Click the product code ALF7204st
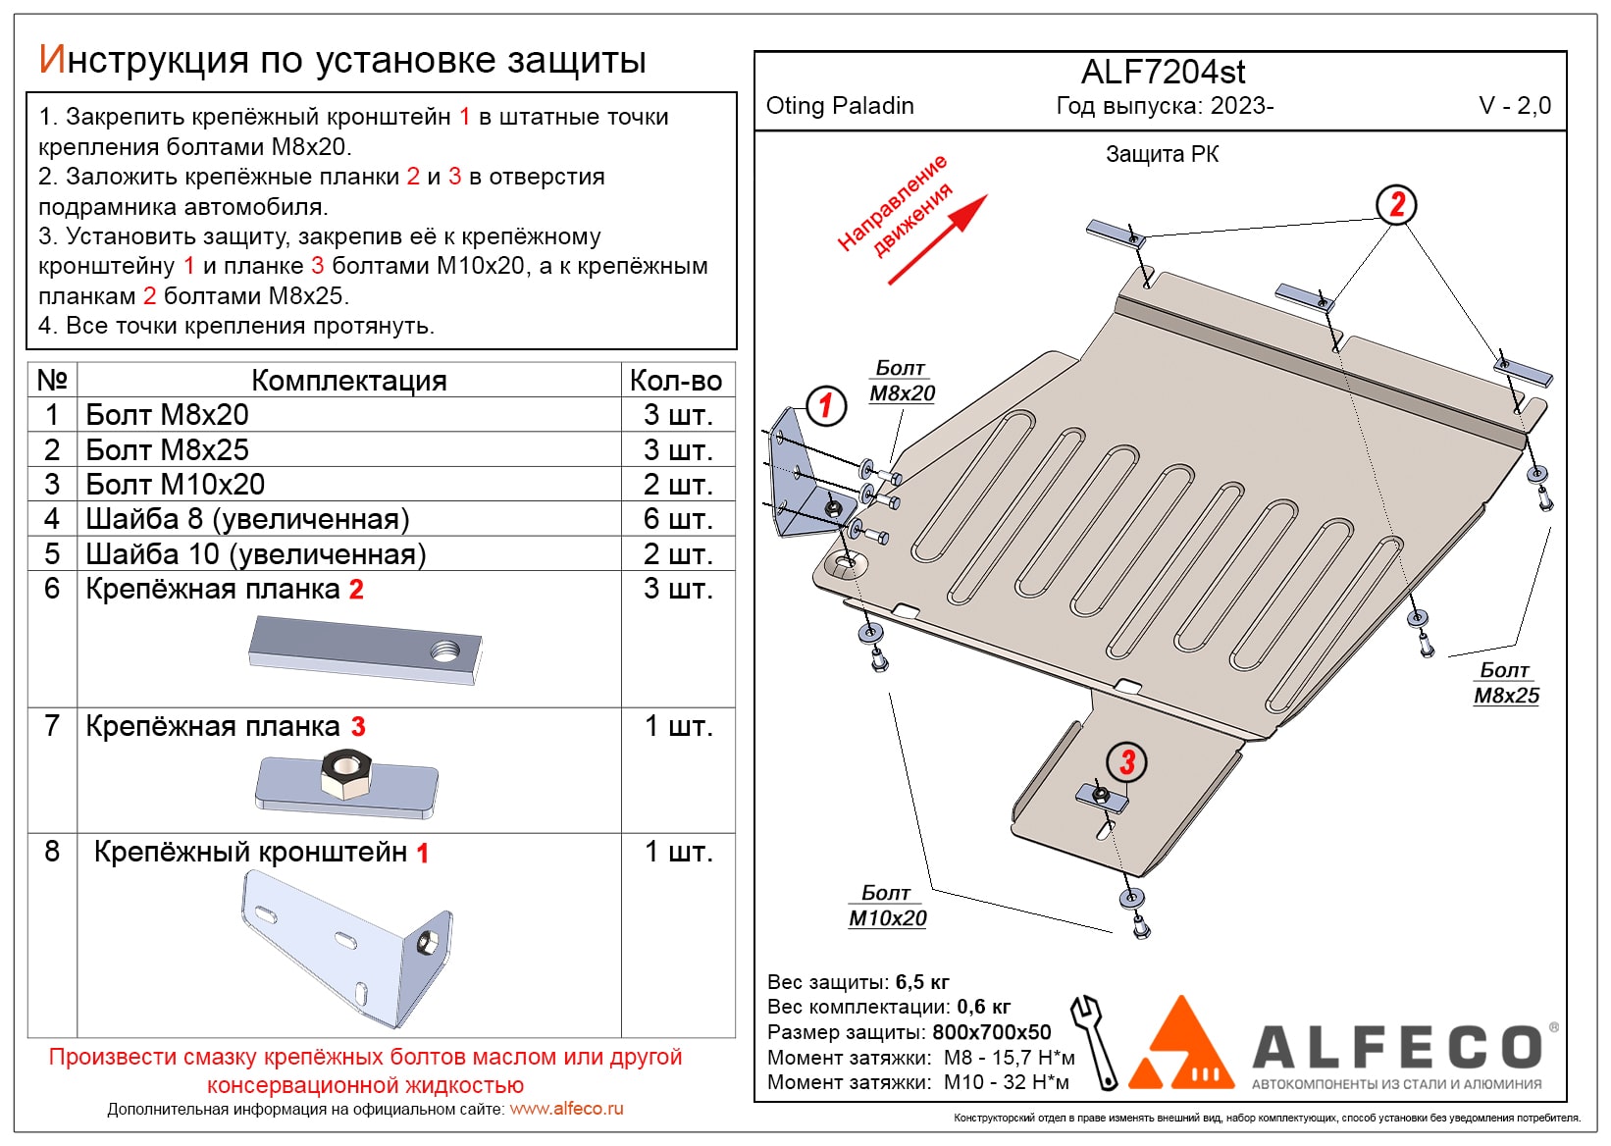coord(1163,72)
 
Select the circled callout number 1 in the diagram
coord(825,403)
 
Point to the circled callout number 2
coord(1396,204)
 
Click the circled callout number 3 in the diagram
coord(1126,761)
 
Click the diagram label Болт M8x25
coord(1506,684)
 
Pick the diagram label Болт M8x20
coord(902,382)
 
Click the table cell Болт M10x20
coord(176,485)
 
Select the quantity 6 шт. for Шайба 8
coord(678,519)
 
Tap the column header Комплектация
coord(348,381)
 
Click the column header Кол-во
coord(676,381)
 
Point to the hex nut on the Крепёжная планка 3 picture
coord(343,775)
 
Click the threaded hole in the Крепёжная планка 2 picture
coord(444,650)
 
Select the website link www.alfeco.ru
coord(566,1109)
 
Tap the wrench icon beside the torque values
coord(1094,1042)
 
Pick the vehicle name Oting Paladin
coord(840,106)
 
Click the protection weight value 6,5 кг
coord(922,982)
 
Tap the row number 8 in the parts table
coord(52,852)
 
